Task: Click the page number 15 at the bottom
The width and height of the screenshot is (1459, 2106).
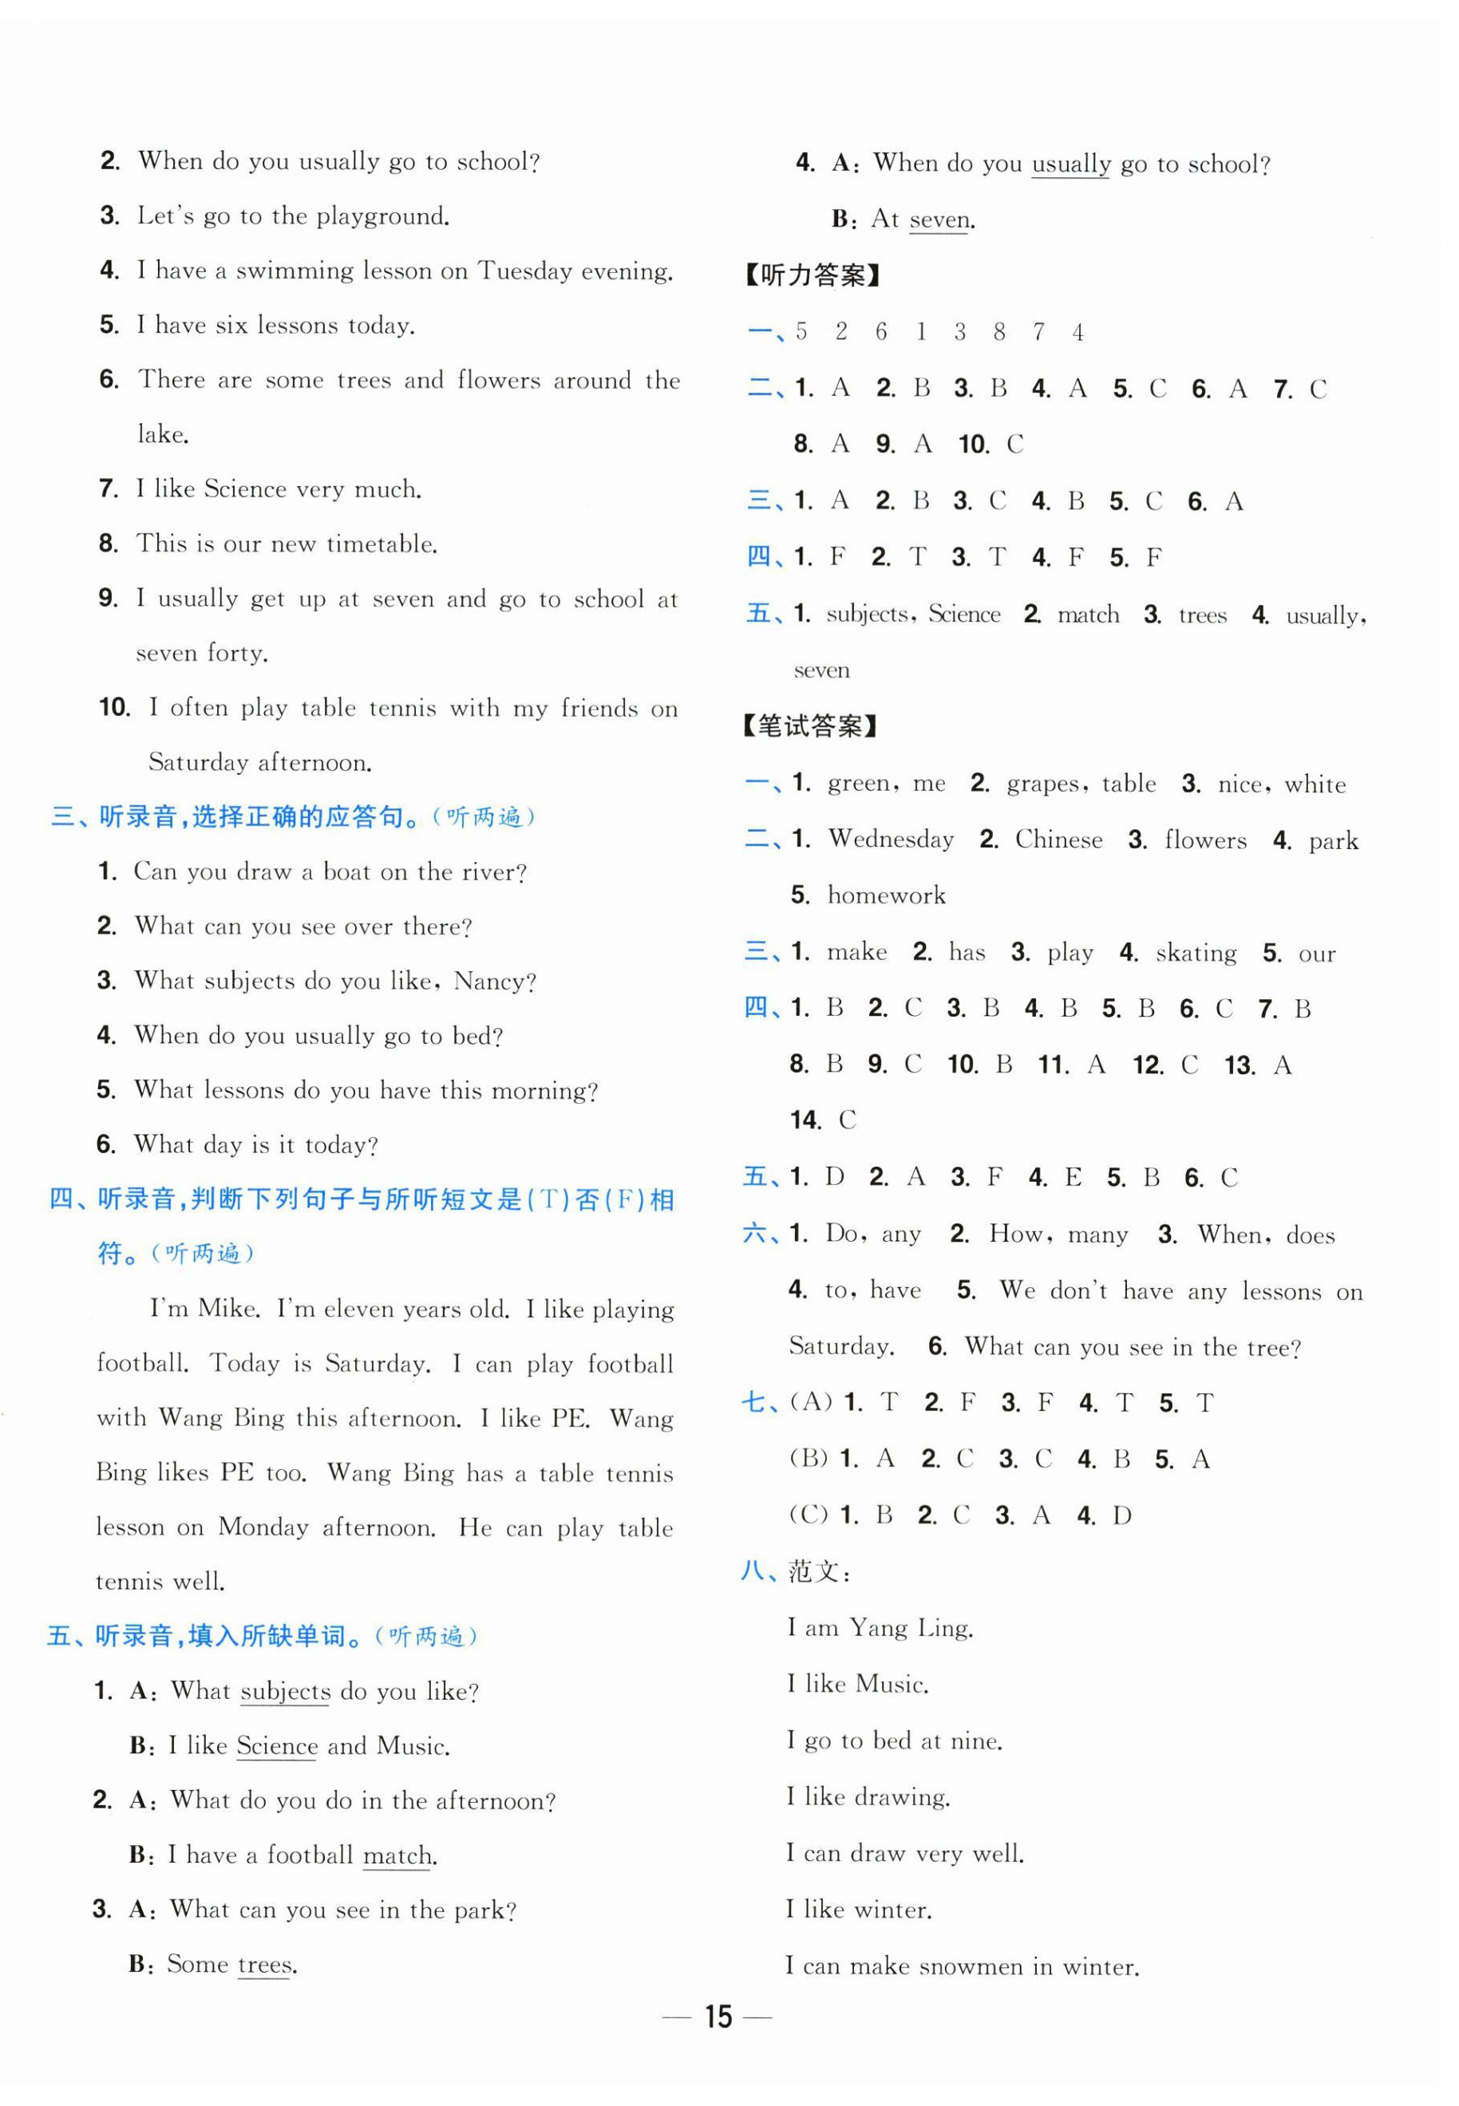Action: pos(718,2016)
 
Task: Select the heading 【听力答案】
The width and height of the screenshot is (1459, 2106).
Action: pos(812,275)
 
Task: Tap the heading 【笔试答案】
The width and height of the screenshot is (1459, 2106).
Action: pos(811,727)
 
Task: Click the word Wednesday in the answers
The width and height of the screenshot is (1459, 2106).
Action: pos(891,839)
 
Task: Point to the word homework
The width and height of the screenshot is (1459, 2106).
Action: pos(886,895)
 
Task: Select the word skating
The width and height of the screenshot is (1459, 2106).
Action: pos(1196,953)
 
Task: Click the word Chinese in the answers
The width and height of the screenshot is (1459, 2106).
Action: pos(1058,839)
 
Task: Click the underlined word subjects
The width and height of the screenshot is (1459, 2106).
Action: pos(285,1691)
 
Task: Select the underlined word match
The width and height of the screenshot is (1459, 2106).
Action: pos(398,1855)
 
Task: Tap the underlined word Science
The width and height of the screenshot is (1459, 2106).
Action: pos(276,1746)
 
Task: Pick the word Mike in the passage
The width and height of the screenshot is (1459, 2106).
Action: pos(227,1308)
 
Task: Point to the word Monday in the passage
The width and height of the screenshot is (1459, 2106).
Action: pos(263,1527)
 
